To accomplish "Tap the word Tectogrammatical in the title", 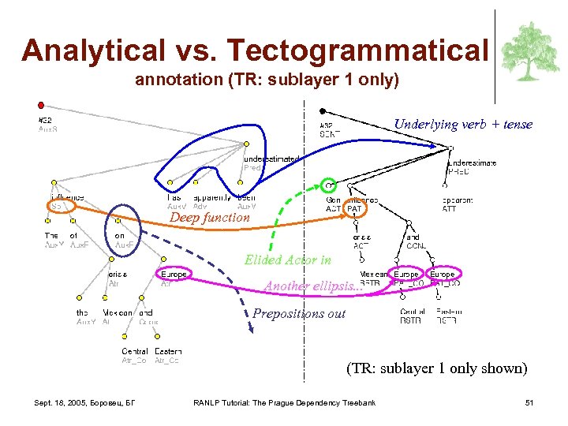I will pyautogui.click(x=358, y=51).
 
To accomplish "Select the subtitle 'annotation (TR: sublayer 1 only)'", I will pyautogui.click(x=267, y=80).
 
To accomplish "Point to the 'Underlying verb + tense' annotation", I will pyautogui.click(x=463, y=124).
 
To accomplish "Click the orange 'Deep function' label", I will pyautogui.click(x=210, y=218).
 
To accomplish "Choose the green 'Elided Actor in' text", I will pyautogui.click(x=288, y=260).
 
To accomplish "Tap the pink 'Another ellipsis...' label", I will pyautogui.click(x=313, y=286).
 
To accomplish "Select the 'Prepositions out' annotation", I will pyautogui.click(x=299, y=313).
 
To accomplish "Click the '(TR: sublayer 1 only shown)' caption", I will pyautogui.click(x=436, y=368).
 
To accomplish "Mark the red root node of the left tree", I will pyautogui.click(x=41, y=104).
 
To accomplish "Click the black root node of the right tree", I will pyautogui.click(x=322, y=111).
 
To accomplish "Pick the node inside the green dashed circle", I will pyautogui.click(x=330, y=187).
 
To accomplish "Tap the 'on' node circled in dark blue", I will pyautogui.click(x=120, y=235).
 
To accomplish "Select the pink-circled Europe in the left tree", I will pyautogui.click(x=174, y=275).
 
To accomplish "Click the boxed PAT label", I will pyautogui.click(x=354, y=209).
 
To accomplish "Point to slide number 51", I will pyautogui.click(x=529, y=403).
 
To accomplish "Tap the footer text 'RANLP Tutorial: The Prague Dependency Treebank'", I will pyautogui.click(x=284, y=403).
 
